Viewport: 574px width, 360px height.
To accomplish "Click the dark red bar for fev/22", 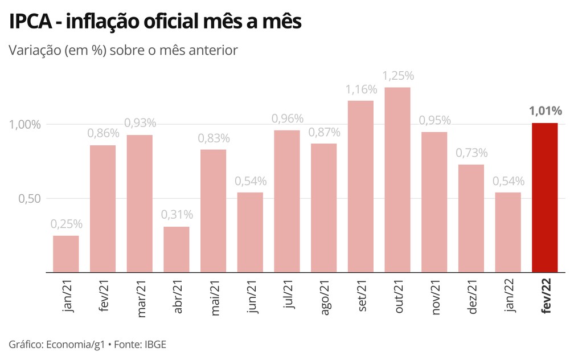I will click(544, 198).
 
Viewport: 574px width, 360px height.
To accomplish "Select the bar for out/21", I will click(397, 180).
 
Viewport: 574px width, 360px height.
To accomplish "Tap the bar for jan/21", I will click(66, 254).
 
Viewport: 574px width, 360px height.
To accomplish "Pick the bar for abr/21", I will click(177, 249).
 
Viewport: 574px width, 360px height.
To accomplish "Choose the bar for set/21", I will click(360, 187).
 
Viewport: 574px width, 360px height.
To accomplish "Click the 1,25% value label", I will click(397, 76).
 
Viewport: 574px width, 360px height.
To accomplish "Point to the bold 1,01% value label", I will click(546, 111).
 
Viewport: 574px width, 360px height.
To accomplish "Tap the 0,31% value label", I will click(177, 215).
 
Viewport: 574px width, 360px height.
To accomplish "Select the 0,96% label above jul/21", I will click(287, 118).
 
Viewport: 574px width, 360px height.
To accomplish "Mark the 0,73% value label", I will click(471, 153).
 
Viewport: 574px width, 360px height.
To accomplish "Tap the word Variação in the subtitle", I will click(34, 50).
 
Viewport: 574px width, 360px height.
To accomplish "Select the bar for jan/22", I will click(508, 232).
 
